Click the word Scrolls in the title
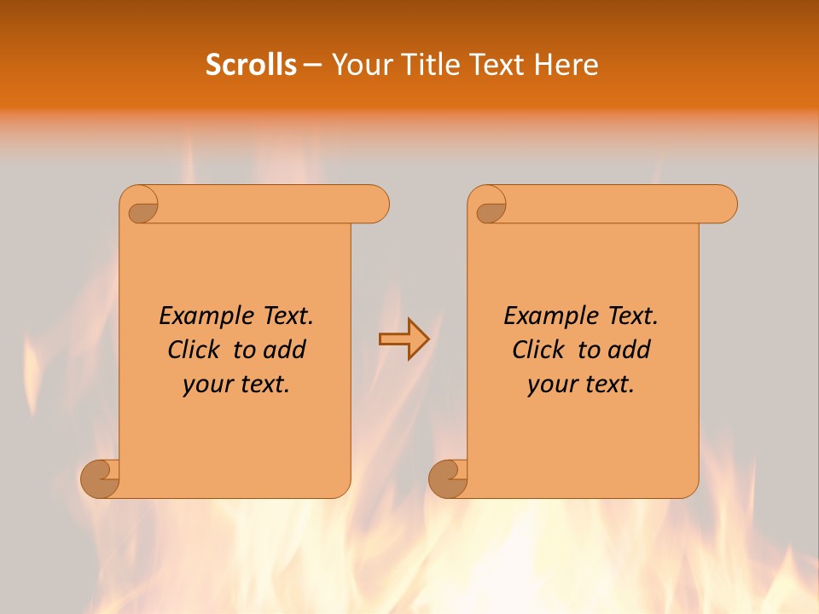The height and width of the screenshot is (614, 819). [251, 65]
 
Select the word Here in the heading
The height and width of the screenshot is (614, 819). [566, 65]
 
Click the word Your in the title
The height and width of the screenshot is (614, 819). [361, 65]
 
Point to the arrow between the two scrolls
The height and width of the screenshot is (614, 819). [404, 339]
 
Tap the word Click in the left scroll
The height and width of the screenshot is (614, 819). [197, 350]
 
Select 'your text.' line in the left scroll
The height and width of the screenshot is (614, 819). [236, 384]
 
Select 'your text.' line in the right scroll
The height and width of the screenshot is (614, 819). [581, 384]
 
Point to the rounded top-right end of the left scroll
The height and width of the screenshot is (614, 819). [375, 204]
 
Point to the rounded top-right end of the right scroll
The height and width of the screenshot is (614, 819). [723, 204]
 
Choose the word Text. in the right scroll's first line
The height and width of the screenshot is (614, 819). [632, 316]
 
